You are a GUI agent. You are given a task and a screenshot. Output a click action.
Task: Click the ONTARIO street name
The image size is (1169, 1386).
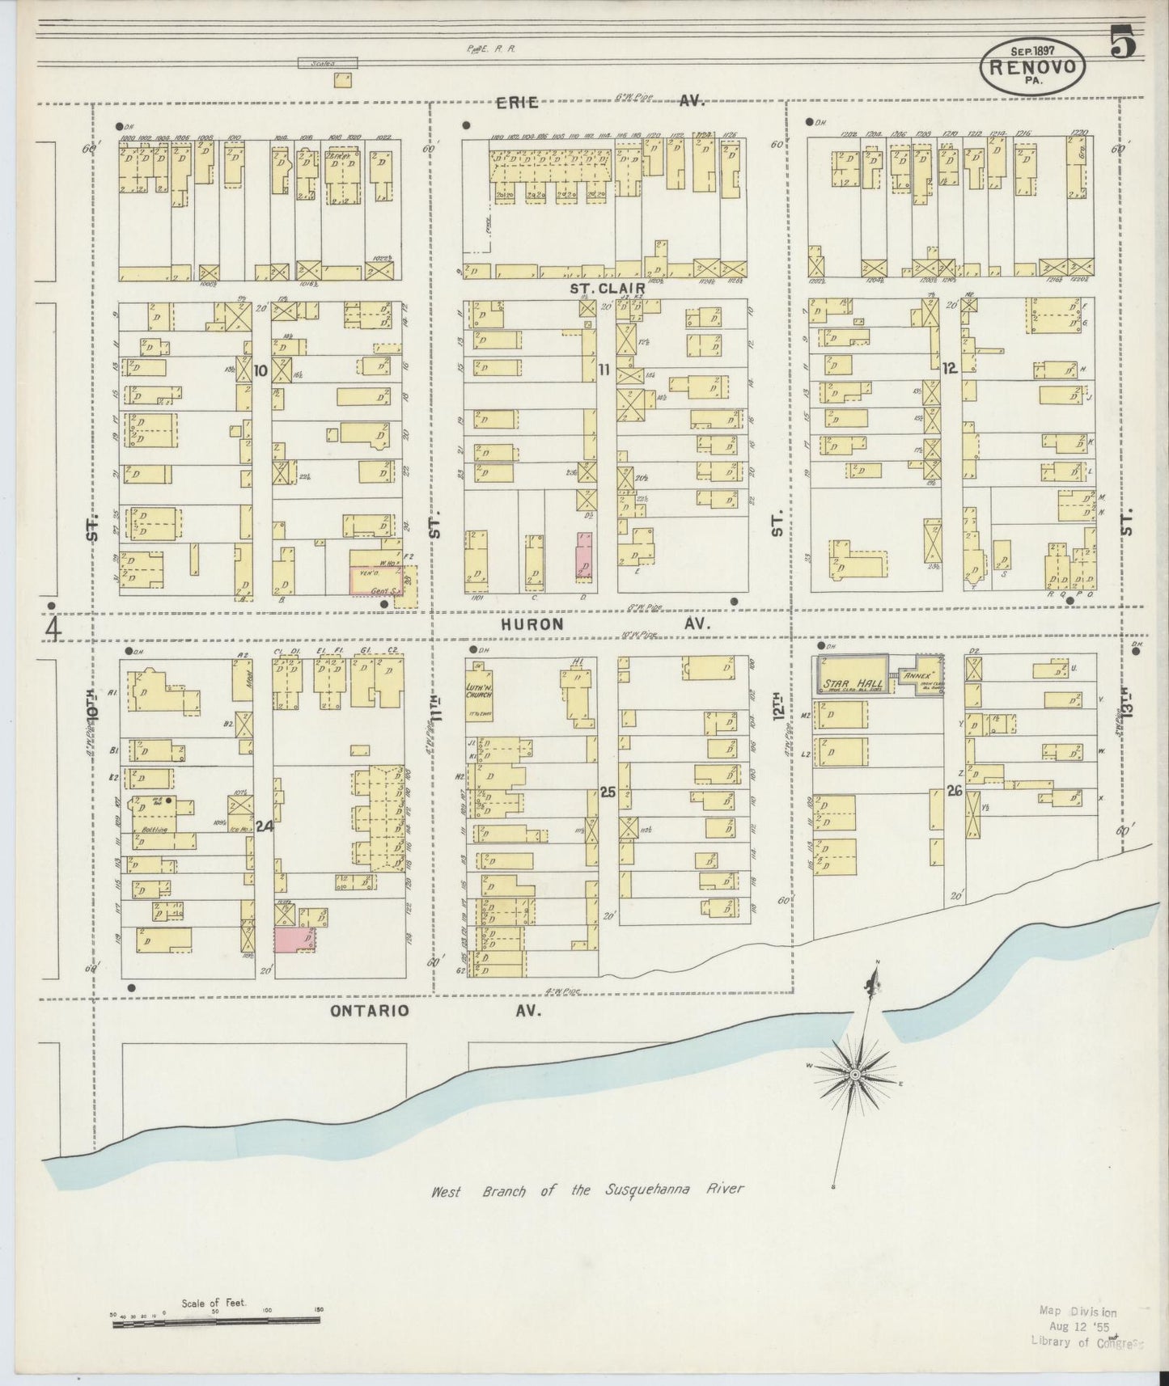(x=370, y=1011)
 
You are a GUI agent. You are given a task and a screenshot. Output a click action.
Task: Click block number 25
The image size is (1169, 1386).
(x=608, y=793)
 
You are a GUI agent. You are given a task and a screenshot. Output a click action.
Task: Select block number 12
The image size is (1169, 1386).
(x=949, y=369)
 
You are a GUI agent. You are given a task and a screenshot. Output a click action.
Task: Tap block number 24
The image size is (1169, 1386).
(x=264, y=826)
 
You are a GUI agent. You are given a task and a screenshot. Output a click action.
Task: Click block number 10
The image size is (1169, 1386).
(x=260, y=371)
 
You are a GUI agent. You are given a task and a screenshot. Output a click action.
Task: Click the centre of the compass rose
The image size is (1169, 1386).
(x=854, y=1074)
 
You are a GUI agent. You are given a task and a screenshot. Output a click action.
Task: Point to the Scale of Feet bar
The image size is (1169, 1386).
(x=216, y=1321)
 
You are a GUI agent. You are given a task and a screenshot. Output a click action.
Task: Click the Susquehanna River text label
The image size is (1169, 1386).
(x=587, y=1190)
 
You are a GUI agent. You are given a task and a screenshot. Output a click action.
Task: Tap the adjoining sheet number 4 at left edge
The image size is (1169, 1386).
(x=53, y=628)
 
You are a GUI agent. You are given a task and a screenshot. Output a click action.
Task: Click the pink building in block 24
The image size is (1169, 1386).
(x=293, y=940)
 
